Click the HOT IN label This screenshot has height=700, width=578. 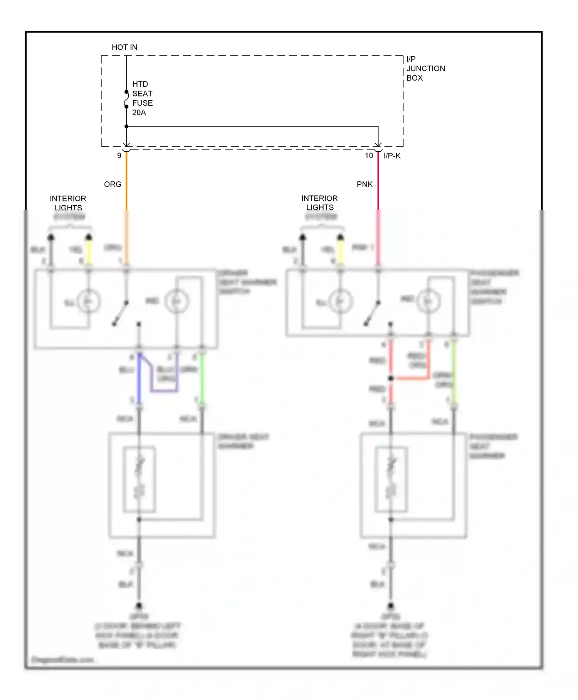click(124, 47)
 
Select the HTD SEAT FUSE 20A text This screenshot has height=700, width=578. click(142, 98)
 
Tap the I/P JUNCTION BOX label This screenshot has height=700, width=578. click(425, 68)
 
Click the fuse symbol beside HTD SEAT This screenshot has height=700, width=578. click(126, 99)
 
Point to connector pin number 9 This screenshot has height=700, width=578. click(119, 156)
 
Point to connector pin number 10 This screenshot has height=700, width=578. click(369, 156)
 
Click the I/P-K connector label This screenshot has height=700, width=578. click(392, 156)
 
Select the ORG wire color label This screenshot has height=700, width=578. click(113, 184)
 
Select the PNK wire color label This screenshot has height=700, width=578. click(365, 184)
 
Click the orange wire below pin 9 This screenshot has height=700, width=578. click(126, 181)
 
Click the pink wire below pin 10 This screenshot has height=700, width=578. click(378, 181)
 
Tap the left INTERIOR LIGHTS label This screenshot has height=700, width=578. click(68, 203)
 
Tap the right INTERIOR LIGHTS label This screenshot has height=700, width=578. click(320, 203)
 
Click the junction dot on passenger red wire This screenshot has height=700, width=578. click(391, 378)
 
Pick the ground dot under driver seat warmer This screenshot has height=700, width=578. click(139, 605)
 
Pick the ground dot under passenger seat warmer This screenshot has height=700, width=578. click(391, 605)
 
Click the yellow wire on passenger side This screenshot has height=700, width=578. click(340, 251)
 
